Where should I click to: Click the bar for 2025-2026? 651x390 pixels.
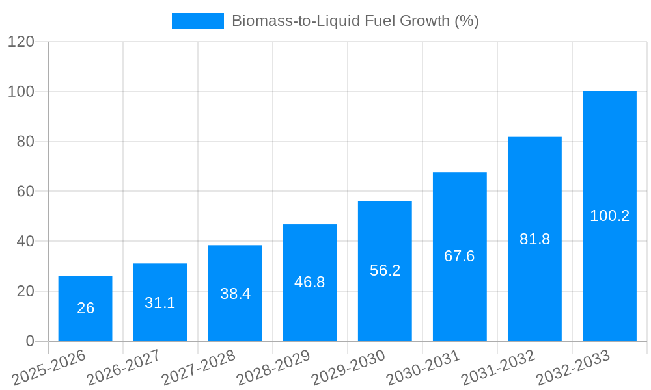click(x=85, y=309)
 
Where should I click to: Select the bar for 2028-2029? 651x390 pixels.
click(x=310, y=283)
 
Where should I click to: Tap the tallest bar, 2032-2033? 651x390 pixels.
click(x=609, y=216)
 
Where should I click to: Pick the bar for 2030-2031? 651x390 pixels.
click(x=460, y=257)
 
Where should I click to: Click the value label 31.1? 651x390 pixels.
click(x=160, y=303)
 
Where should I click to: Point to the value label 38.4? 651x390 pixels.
click(x=235, y=294)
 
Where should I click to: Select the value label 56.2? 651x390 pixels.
click(x=385, y=270)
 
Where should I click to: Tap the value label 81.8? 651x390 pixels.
click(x=534, y=239)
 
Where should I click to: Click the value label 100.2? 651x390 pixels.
click(x=609, y=216)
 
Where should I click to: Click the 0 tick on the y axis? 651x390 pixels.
click(x=29, y=341)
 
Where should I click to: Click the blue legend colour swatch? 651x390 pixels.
click(x=197, y=21)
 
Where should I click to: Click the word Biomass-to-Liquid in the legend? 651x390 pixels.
click(x=289, y=21)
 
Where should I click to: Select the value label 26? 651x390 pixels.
click(x=85, y=308)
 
